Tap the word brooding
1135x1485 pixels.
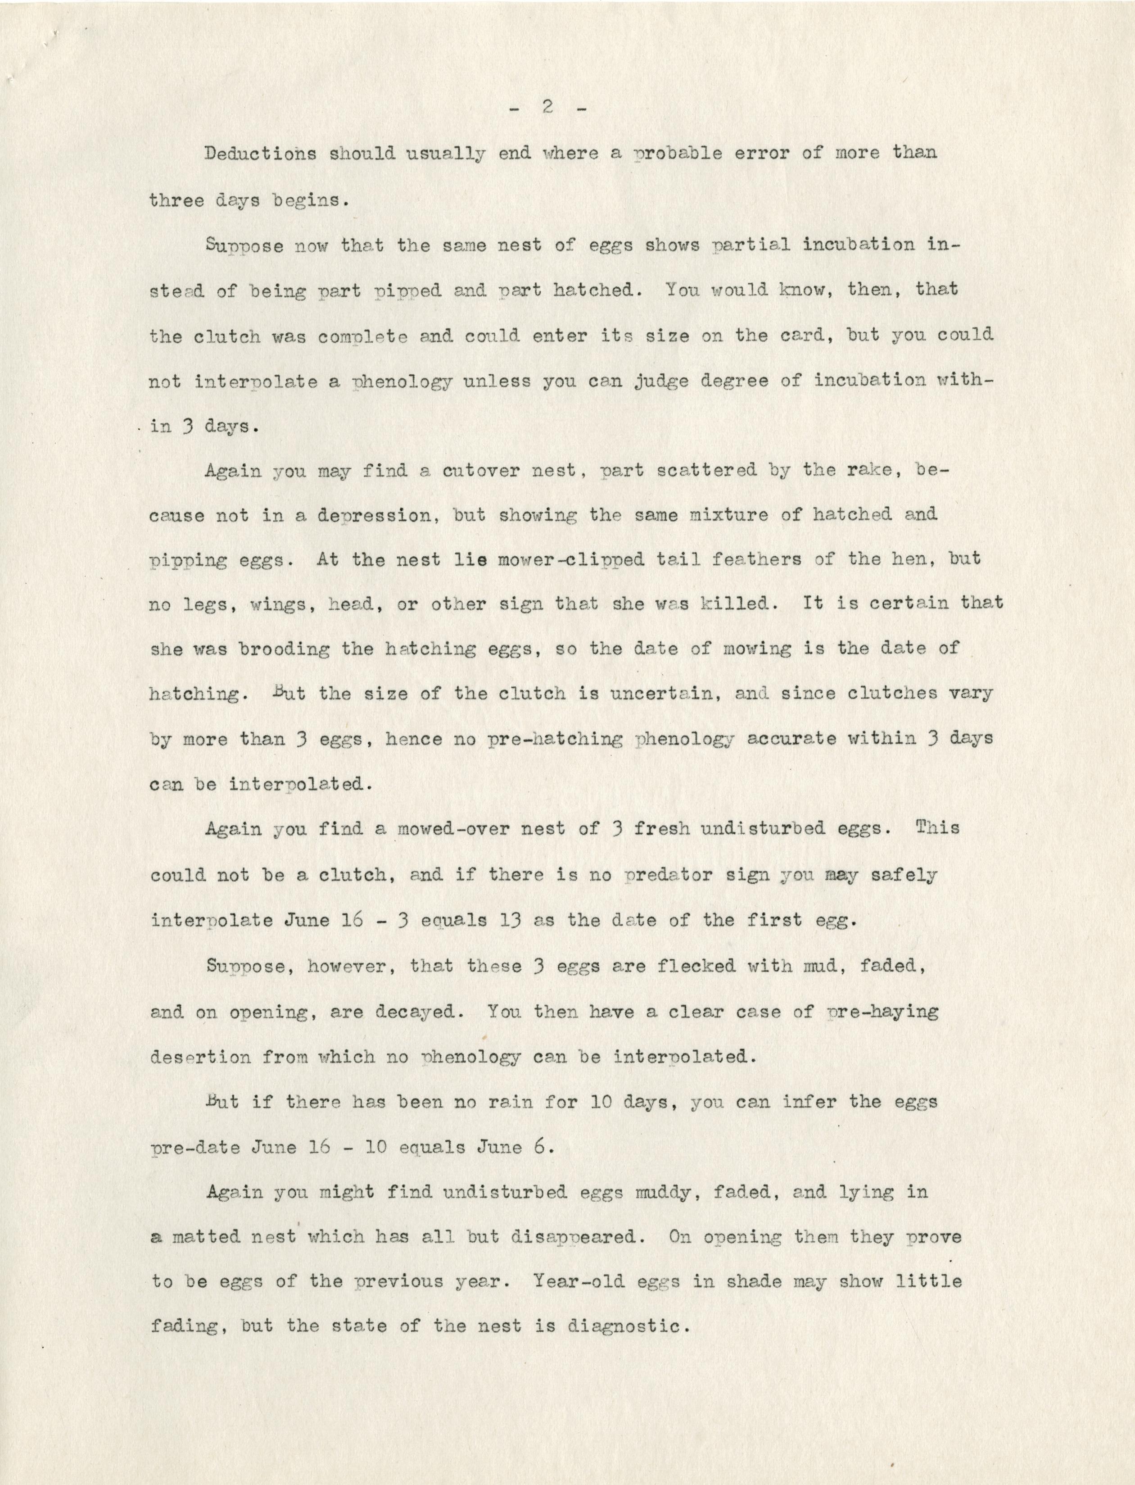tap(285, 649)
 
